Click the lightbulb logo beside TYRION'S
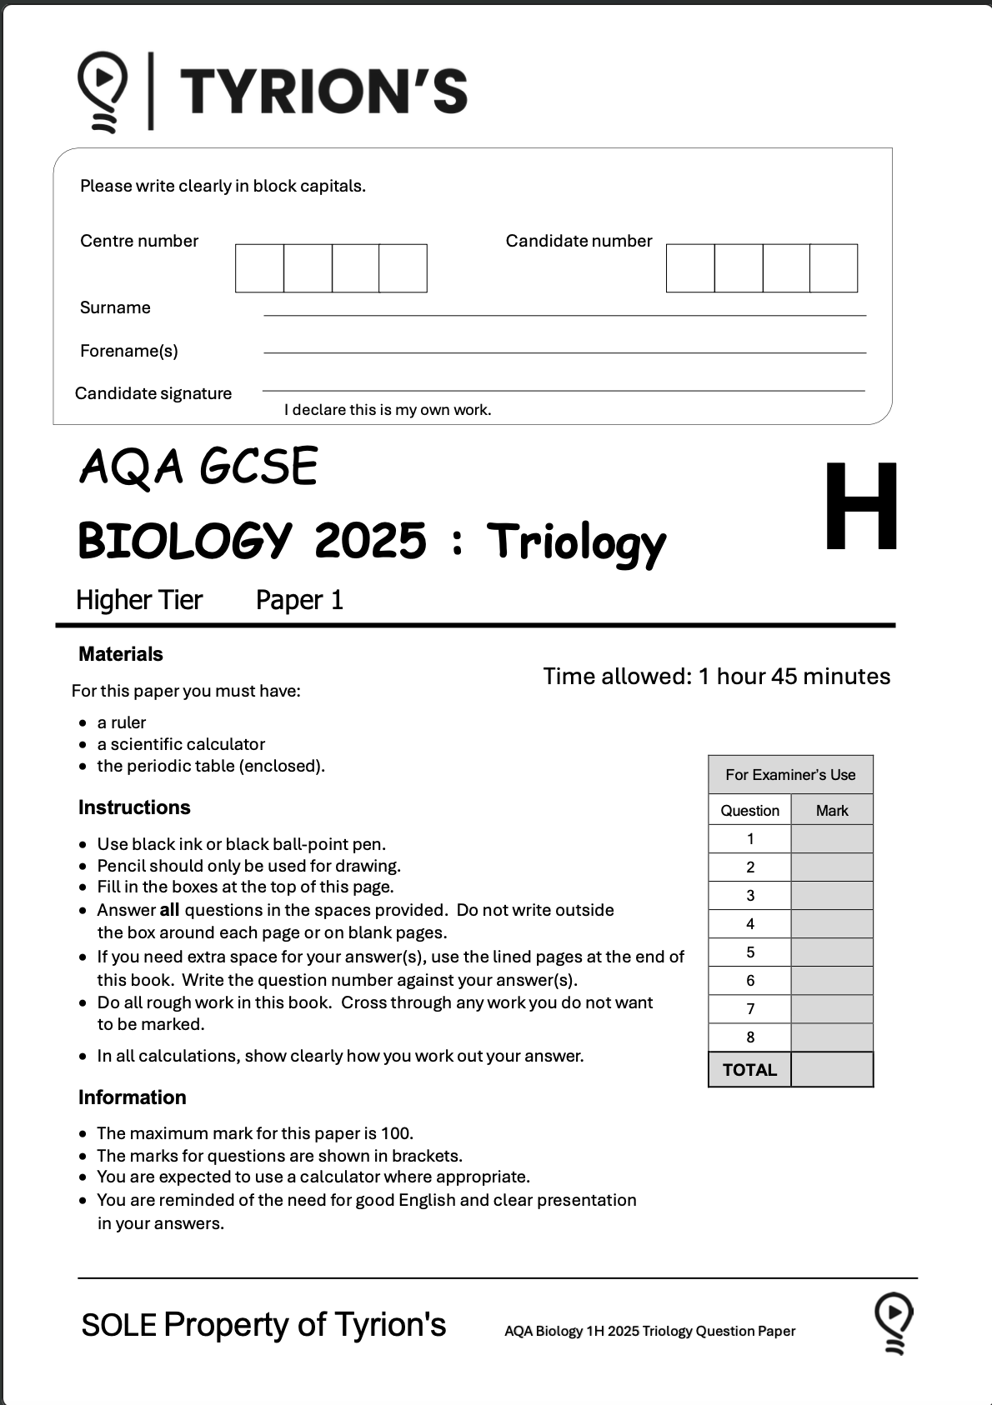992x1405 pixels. [103, 91]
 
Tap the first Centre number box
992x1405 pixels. [259, 268]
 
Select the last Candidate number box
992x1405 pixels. [834, 268]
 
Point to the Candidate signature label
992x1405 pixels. [153, 393]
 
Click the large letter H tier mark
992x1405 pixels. [861, 507]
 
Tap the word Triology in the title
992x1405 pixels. [576, 542]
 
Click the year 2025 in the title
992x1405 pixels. [370, 541]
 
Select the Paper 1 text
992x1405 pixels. [299, 600]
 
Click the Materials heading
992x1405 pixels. [121, 654]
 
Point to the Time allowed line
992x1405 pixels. [716, 676]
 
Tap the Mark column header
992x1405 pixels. [832, 811]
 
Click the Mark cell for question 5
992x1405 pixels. [832, 952]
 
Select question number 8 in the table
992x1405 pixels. [750, 1037]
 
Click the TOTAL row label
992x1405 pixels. [749, 1070]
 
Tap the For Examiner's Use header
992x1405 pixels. [790, 775]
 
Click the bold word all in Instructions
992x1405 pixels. [169, 910]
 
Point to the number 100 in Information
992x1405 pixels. [396, 1133]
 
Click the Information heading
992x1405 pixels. [133, 1097]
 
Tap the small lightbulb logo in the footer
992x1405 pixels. [894, 1322]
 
